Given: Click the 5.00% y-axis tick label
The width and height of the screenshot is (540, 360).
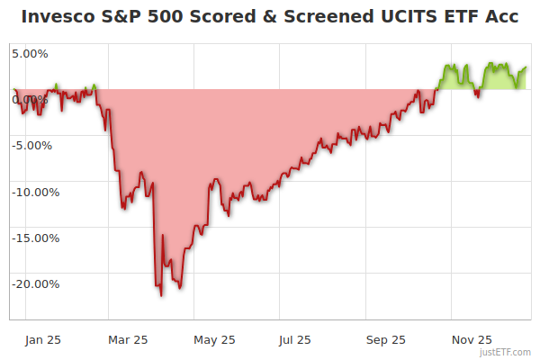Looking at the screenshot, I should tap(30, 53).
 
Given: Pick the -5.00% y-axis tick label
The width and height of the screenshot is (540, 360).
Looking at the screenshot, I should tap(33, 146).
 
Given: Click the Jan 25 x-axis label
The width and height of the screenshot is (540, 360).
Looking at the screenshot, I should tap(41, 340).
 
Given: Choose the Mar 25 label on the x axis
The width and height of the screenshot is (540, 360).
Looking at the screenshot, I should tap(127, 340).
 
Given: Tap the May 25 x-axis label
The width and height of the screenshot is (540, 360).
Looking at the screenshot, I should tap(214, 340).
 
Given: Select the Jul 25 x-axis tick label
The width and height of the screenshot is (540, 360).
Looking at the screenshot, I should tap(295, 340).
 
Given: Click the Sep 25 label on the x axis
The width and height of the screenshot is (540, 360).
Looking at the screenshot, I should tap(384, 340).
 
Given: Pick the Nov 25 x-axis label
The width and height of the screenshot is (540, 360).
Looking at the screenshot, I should tap(472, 340).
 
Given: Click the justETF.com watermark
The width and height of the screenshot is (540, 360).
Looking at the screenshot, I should tap(506, 353).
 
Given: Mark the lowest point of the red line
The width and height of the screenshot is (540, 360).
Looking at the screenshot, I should tap(161, 295).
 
